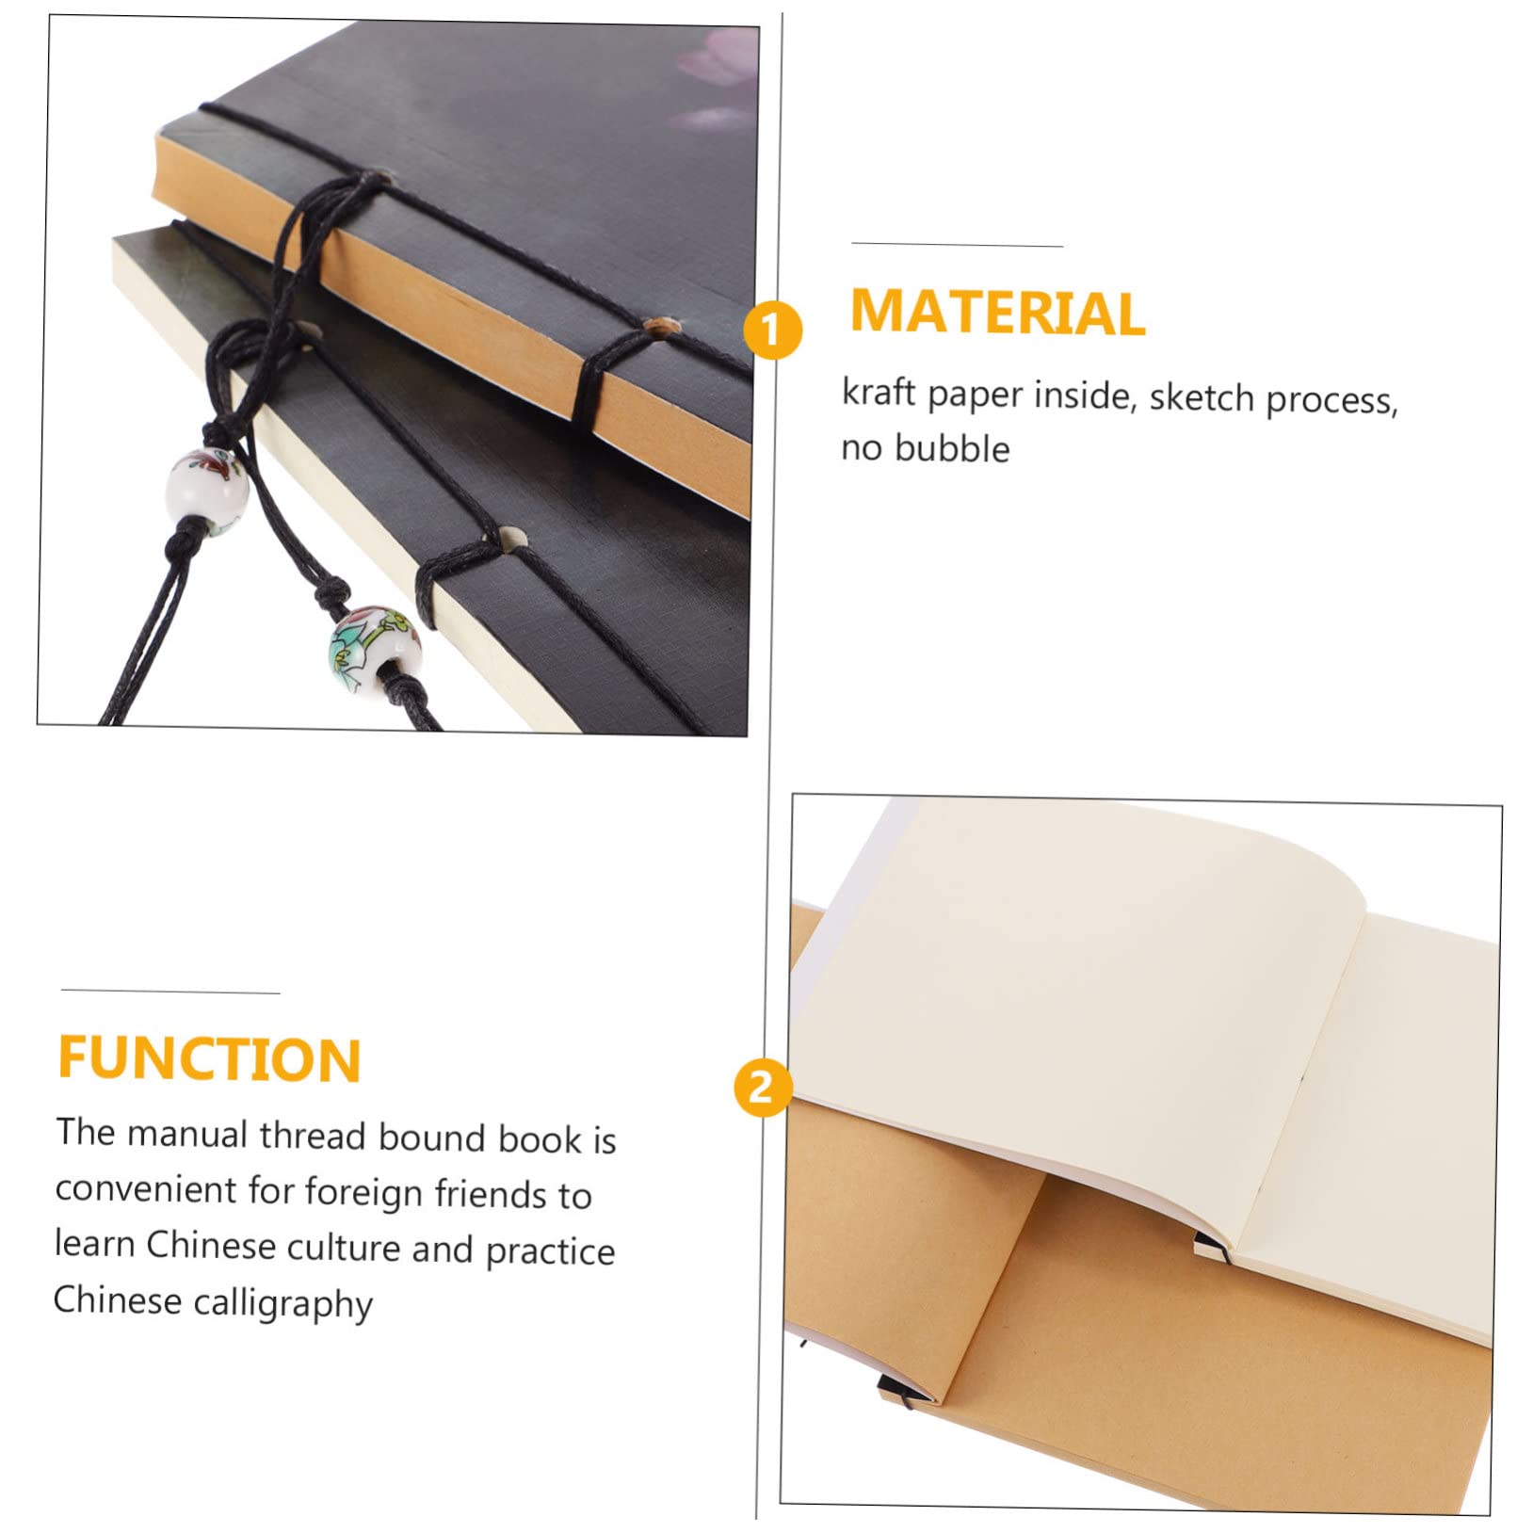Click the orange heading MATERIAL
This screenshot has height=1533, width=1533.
(997, 312)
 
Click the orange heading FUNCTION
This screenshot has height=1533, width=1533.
(209, 1058)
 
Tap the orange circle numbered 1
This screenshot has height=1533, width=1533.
(772, 331)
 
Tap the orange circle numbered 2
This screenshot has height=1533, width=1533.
(762, 1089)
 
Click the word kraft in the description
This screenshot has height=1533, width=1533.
(879, 391)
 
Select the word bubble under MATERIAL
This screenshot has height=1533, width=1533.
(952, 448)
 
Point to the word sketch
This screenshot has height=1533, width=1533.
(1202, 398)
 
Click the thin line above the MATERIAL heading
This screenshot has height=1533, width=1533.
(958, 245)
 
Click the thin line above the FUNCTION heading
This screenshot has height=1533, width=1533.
(170, 992)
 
